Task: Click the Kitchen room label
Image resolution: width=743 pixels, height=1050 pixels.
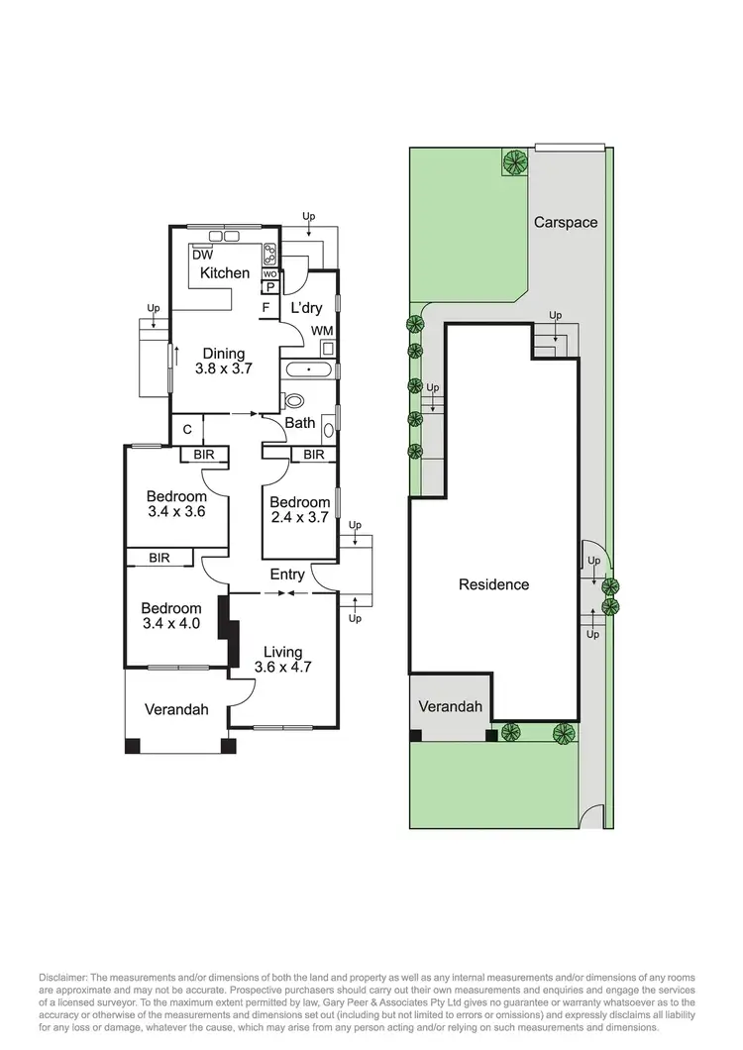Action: [225, 272]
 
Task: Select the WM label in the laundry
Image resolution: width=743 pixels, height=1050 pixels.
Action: [322, 330]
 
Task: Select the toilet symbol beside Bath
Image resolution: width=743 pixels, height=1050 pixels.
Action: [293, 401]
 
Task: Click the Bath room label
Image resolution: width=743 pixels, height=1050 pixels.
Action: [300, 423]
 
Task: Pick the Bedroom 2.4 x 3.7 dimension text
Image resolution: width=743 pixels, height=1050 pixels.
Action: [299, 517]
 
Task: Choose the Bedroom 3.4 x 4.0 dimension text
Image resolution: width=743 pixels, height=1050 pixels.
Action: [170, 624]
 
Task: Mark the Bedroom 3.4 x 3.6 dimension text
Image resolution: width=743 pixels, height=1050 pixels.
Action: [176, 512]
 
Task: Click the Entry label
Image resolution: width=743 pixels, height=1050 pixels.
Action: [287, 575]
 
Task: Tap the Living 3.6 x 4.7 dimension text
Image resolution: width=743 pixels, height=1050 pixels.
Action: [282, 668]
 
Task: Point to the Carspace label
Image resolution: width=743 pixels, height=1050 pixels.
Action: [566, 222]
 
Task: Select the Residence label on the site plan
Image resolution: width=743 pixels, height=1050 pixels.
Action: [493, 584]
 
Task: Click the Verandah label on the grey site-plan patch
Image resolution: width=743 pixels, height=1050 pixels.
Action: [450, 706]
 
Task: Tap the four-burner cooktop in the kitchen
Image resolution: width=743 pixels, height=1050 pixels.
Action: [268, 252]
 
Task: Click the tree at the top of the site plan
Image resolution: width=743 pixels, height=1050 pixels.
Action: [514, 161]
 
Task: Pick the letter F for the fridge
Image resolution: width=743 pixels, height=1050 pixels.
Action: [265, 307]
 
